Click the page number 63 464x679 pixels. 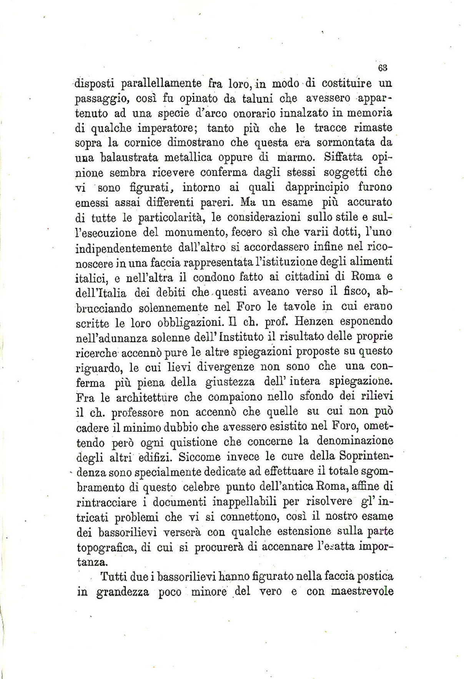[x=382, y=68]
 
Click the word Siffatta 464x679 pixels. [x=344, y=157]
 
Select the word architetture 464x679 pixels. [x=139, y=397]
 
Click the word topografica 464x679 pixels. [x=105, y=547]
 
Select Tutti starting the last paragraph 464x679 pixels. [x=114, y=576]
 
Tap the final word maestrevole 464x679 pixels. [x=362, y=591]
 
